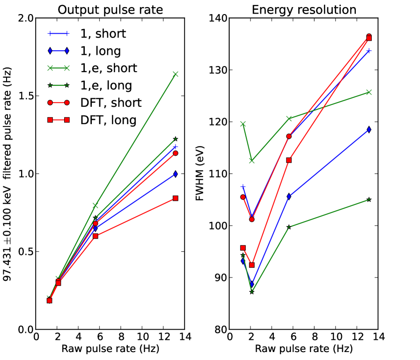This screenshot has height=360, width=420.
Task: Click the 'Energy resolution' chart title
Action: [303, 9]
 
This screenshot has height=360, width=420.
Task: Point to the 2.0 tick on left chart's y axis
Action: [25, 18]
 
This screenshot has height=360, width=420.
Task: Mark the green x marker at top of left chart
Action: [176, 74]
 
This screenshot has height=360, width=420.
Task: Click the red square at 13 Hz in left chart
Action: [176, 198]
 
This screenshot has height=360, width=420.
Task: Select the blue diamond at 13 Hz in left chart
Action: [176, 174]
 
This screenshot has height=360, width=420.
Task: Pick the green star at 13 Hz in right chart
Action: [369, 199]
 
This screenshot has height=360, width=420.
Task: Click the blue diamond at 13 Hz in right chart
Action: [369, 130]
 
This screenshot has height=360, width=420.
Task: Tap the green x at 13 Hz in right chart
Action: [369, 92]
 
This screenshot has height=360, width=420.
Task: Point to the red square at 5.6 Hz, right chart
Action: [289, 160]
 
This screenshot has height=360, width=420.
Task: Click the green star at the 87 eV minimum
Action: [252, 292]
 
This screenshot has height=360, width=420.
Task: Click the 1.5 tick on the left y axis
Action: [25, 96]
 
